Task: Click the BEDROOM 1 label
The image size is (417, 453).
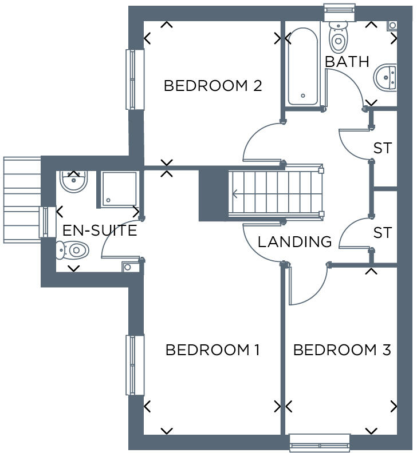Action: click(x=213, y=350)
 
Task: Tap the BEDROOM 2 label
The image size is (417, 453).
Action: click(x=213, y=86)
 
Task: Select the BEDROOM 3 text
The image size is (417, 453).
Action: click(x=342, y=350)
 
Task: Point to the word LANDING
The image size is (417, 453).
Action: click(x=294, y=242)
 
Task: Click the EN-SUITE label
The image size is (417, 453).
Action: click(x=100, y=231)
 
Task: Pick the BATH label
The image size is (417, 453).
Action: click(x=347, y=62)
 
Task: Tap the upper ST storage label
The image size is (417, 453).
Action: click(x=382, y=148)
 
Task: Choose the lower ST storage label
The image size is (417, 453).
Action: click(x=382, y=233)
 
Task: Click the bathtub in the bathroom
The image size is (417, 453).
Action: click(x=302, y=67)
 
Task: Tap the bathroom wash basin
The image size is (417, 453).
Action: click(x=386, y=77)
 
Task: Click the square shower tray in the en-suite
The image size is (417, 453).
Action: click(x=119, y=189)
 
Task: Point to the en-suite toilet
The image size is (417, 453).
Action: click(x=73, y=250)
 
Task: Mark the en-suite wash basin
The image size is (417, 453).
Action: click(x=73, y=181)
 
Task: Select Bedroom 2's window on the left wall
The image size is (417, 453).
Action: click(x=134, y=79)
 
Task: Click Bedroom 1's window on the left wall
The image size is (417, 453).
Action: click(x=134, y=365)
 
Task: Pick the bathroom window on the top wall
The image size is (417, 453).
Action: click(x=340, y=13)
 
